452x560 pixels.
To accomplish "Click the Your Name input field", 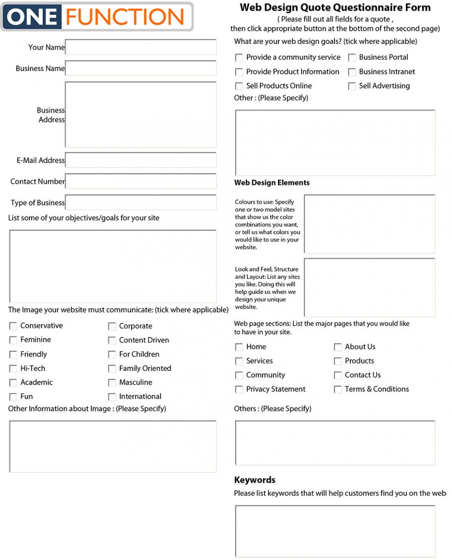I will [x=140, y=47].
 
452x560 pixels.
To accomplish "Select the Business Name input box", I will [x=140, y=68].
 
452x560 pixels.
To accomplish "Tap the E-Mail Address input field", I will [x=140, y=160].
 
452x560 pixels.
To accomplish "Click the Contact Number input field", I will [x=140, y=181].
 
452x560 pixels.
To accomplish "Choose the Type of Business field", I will [x=140, y=203].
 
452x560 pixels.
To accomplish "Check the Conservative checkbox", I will [x=13, y=326].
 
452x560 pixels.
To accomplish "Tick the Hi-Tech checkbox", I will [x=13, y=369].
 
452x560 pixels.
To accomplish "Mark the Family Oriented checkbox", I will [x=112, y=369].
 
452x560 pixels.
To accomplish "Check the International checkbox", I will [x=112, y=397].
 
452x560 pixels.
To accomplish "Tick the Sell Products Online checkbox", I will [x=239, y=86].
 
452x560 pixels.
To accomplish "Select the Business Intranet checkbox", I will [x=352, y=72].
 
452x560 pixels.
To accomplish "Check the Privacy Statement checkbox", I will [x=239, y=389].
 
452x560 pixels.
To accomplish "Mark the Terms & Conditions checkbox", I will [x=338, y=389].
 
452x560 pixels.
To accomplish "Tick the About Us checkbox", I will [x=338, y=347].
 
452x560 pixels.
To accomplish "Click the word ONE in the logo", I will [x=33, y=17].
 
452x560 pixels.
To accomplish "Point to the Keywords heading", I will [x=255, y=480].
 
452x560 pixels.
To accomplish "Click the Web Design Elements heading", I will [x=271, y=182].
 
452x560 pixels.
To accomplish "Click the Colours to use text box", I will [x=369, y=224].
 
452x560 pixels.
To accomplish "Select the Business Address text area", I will [x=140, y=114].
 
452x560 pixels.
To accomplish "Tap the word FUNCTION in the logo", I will [x=125, y=17].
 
